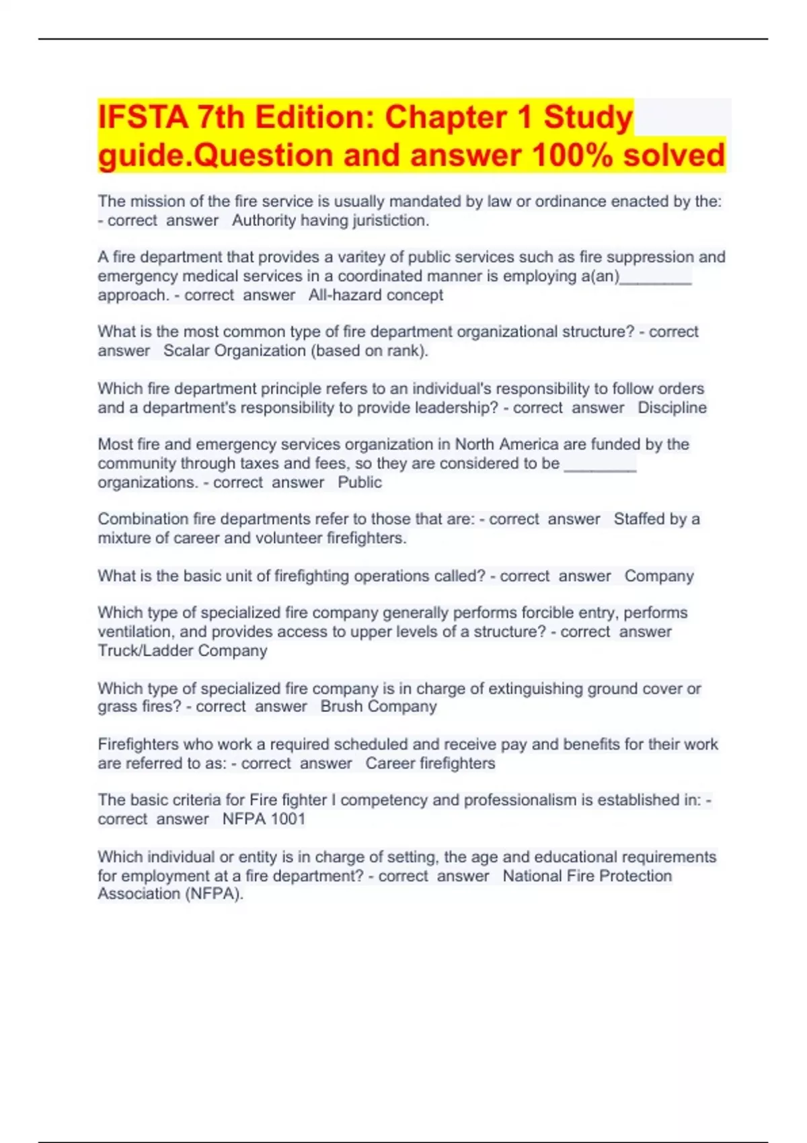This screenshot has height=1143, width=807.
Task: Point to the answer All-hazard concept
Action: (x=375, y=295)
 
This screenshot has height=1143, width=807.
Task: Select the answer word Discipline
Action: (x=672, y=407)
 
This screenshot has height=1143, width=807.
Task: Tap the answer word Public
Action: (x=359, y=482)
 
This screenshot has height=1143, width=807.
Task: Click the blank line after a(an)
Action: (x=656, y=277)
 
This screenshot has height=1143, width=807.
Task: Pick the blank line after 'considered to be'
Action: (x=599, y=464)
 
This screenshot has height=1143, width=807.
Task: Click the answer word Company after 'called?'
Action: (x=658, y=576)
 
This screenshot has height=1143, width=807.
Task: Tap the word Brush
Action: (x=341, y=707)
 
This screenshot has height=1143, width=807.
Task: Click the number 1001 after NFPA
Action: (x=287, y=819)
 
